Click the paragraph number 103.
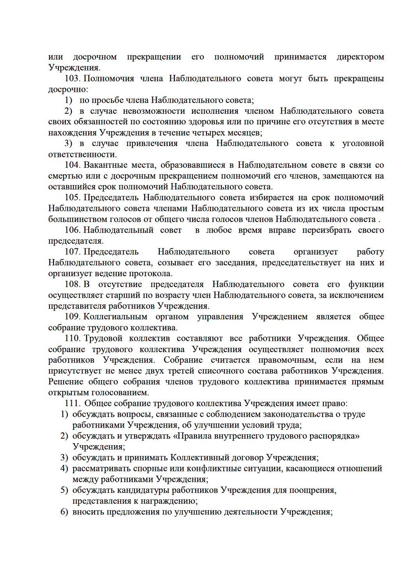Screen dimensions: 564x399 click(72, 79)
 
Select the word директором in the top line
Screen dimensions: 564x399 click(360, 57)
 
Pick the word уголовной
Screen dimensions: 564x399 click(363, 144)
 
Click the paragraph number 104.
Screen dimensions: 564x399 click(72, 165)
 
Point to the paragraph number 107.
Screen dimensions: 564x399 click(72, 252)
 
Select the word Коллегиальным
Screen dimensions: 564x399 click(115, 317)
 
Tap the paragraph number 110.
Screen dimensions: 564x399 click(72, 338)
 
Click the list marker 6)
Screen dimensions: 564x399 click(64, 512)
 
